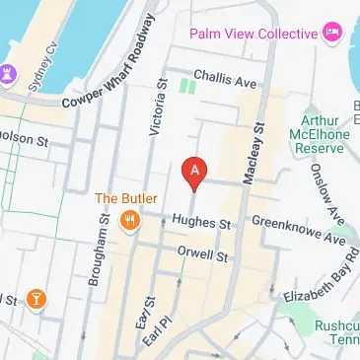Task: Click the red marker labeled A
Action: [x=195, y=174]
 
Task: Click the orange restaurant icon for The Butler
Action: [x=129, y=220]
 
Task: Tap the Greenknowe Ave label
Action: [x=299, y=230]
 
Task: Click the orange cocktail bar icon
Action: [x=35, y=299]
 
